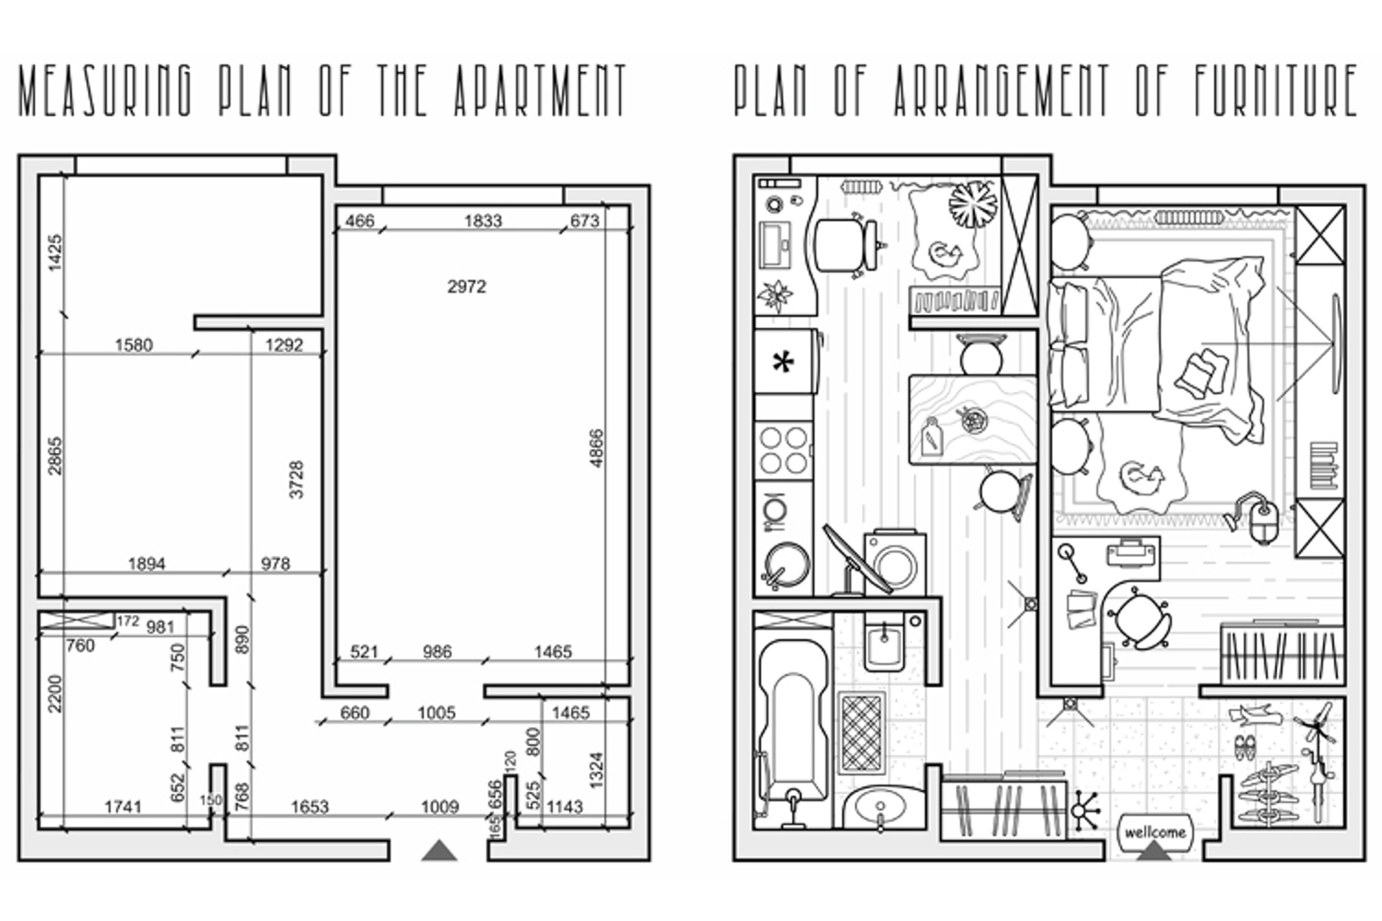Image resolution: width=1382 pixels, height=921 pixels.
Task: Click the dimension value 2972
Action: tap(466, 286)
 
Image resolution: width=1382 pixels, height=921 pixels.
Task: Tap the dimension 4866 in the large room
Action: tap(597, 449)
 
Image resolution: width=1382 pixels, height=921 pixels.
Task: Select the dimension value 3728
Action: tap(297, 479)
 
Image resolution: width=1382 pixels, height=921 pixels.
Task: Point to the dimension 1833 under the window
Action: tap(483, 221)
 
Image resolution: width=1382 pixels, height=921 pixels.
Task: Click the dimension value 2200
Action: tap(55, 694)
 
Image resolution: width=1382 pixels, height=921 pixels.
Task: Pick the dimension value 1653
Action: tap(310, 807)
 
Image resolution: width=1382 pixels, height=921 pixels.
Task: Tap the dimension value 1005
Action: tap(437, 713)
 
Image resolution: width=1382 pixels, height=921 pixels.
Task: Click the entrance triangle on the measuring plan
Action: tap(439, 851)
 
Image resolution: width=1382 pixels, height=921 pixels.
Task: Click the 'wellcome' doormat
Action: tap(1155, 833)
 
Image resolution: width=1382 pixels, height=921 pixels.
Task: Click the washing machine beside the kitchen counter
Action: tap(895, 563)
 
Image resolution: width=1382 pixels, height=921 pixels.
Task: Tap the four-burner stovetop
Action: tap(783, 451)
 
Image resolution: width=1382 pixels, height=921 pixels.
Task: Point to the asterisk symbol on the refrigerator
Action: tap(783, 362)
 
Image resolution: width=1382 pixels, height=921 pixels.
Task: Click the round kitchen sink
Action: tap(786, 564)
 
